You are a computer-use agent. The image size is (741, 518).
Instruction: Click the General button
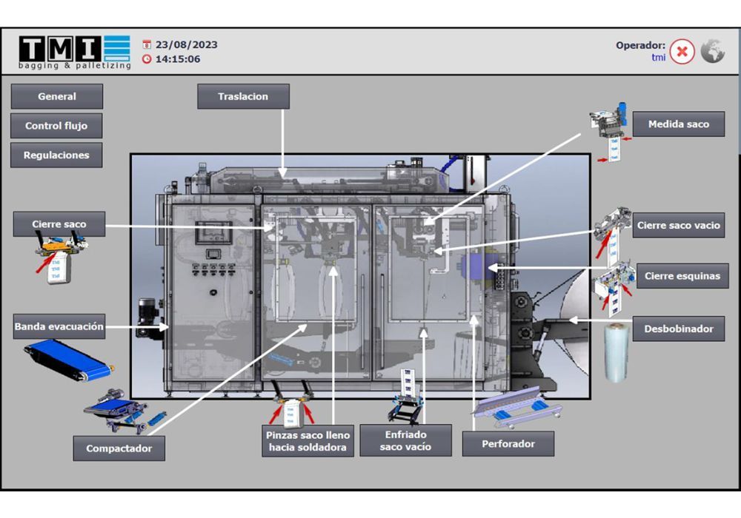57,96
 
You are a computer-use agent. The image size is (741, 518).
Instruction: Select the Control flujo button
56,126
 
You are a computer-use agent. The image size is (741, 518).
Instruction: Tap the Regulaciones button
56,155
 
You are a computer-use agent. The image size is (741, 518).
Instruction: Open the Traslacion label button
243,96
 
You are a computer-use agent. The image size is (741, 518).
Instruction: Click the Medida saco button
678,124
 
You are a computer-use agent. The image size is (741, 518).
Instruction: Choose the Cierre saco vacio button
678,226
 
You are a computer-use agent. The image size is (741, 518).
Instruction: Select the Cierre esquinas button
681,276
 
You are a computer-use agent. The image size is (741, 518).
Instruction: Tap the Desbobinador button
678,329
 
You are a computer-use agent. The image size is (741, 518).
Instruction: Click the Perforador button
508,444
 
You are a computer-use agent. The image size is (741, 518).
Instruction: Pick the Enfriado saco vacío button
405,441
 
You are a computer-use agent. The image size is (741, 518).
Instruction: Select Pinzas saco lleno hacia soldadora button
308,441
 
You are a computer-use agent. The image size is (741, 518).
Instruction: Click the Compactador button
119,448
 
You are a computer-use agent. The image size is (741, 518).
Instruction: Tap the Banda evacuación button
59,326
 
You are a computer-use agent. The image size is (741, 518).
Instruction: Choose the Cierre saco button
59,224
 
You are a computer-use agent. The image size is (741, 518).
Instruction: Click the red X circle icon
682,52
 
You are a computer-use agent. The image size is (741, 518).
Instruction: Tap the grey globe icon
713,51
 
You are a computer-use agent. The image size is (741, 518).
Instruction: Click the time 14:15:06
177,59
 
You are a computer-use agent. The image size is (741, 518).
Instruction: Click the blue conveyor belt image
68,360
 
